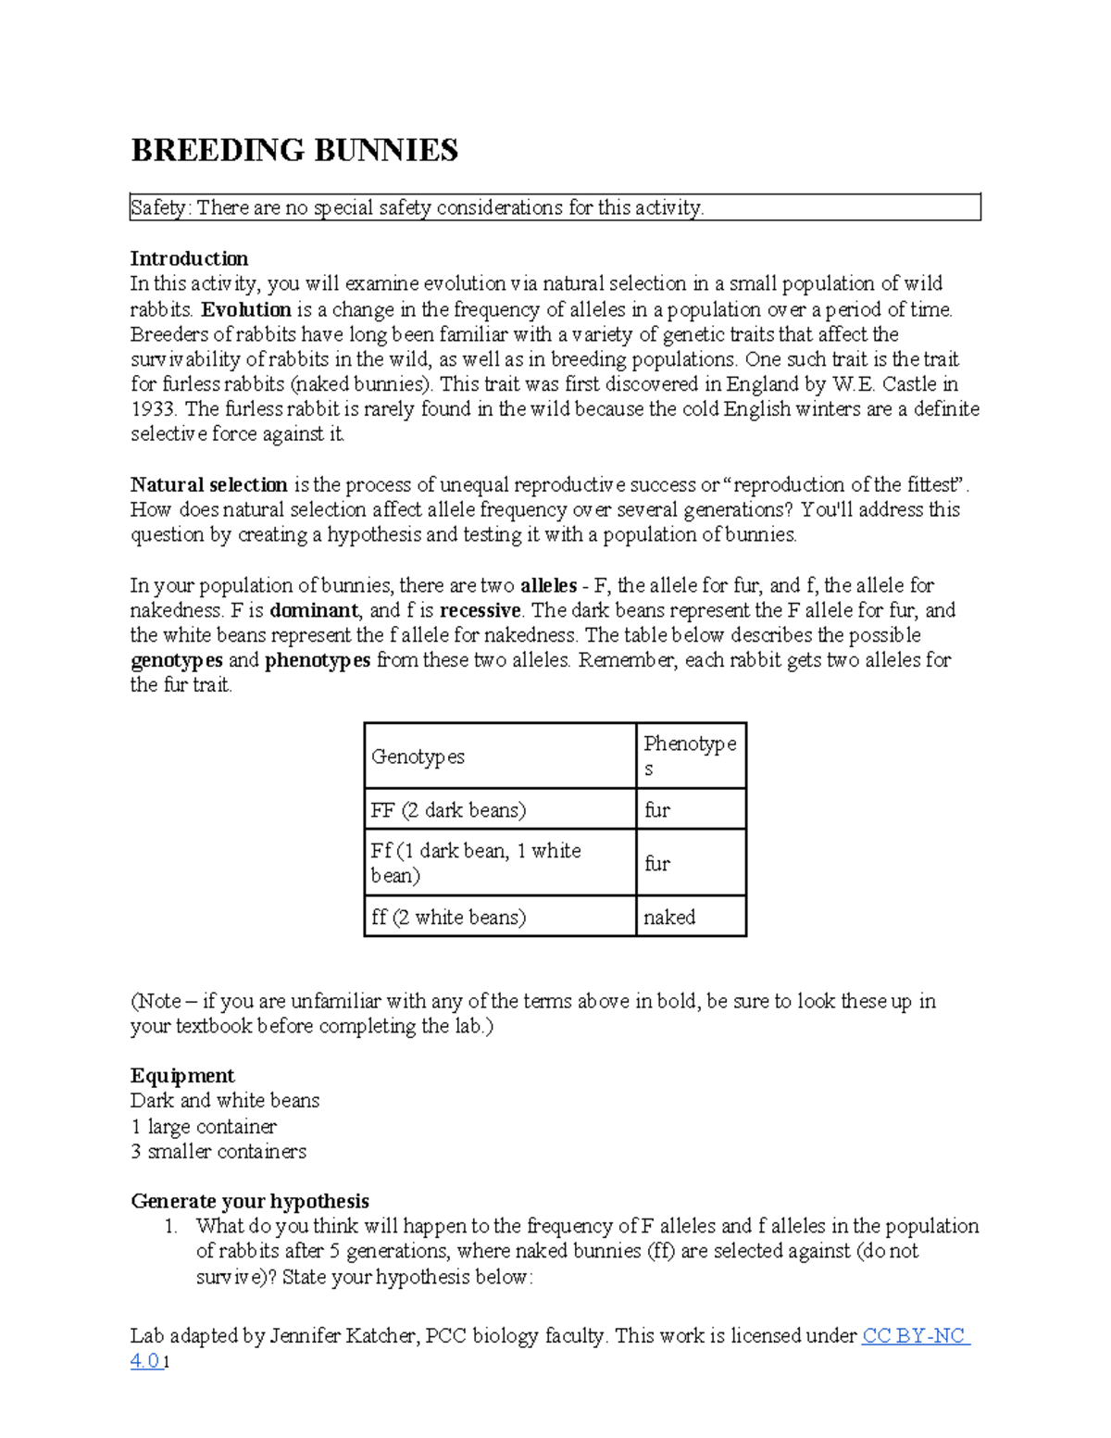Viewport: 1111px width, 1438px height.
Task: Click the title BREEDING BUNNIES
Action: pos(294,150)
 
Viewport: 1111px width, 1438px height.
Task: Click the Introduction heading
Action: pos(189,258)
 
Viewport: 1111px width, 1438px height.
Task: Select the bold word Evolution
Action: pos(246,309)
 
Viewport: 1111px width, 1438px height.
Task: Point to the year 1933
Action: pos(153,409)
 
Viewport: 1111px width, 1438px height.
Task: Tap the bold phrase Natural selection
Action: pos(208,484)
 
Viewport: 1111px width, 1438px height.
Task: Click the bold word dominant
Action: pos(314,610)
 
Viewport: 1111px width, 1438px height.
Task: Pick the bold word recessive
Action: pos(481,610)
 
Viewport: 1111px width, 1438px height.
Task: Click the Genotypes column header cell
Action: pos(500,757)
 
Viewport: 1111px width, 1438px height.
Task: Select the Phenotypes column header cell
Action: pos(690,756)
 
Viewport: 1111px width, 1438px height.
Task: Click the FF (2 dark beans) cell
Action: pos(500,810)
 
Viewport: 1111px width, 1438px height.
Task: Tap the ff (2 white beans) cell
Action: pos(500,917)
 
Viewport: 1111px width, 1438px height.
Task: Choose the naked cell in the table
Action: pos(690,917)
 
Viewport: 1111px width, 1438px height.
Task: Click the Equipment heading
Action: pos(182,1076)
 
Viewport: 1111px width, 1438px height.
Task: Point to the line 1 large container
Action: pos(204,1127)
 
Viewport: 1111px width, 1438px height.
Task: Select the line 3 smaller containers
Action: pos(218,1152)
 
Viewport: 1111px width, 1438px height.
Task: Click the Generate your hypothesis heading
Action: pos(250,1201)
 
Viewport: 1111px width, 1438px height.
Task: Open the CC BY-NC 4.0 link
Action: pos(915,1336)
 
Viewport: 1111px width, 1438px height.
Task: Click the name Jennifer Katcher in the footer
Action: pos(343,1336)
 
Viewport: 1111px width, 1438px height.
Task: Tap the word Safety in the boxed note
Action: pos(158,208)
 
